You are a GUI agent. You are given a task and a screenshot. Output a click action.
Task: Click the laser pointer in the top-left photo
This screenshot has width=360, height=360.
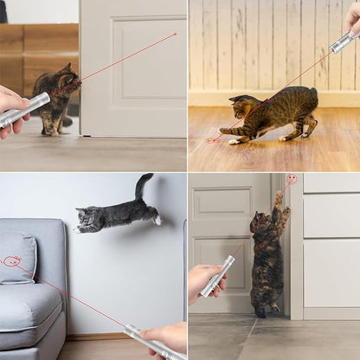click(26, 109)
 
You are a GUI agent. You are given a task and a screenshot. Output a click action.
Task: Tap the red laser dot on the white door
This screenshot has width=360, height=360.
click(175, 35)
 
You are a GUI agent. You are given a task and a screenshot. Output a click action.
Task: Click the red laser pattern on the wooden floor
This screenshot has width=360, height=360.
click(215, 138)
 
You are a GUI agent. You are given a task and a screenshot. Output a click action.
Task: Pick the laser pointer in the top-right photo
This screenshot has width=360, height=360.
click(343, 42)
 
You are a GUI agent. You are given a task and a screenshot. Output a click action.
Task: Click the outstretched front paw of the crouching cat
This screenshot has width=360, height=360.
click(228, 132)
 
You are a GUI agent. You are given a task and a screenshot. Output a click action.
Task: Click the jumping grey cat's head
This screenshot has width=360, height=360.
click(87, 218)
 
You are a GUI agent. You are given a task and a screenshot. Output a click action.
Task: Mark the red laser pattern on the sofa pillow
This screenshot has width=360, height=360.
click(11, 260)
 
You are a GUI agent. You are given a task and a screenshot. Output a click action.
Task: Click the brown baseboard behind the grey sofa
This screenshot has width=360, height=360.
click(95, 336)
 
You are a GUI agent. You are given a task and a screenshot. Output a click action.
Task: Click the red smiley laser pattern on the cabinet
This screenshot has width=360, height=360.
click(292, 179)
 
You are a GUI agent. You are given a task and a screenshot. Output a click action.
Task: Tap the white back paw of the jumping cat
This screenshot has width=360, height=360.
click(157, 221)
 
